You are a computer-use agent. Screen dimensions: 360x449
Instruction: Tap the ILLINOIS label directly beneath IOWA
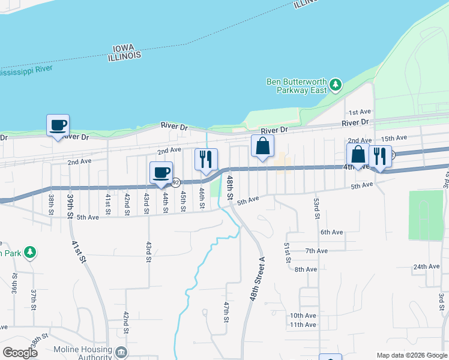pos(125,55)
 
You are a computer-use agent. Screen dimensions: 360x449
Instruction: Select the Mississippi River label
pos(26,71)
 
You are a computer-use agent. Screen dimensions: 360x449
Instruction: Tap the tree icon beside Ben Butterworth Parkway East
pos(336,85)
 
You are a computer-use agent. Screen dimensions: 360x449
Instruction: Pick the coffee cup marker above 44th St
pos(161,173)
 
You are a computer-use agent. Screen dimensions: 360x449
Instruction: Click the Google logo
pos(20,353)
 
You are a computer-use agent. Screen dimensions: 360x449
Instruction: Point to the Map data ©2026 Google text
pos(412,355)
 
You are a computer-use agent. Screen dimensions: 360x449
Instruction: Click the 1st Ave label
pos(360,112)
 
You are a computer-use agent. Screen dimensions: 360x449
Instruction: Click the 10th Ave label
pos(303,316)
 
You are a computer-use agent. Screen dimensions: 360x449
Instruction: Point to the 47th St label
pos(227,312)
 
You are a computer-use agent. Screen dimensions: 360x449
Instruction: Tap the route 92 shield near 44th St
pos(176,181)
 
